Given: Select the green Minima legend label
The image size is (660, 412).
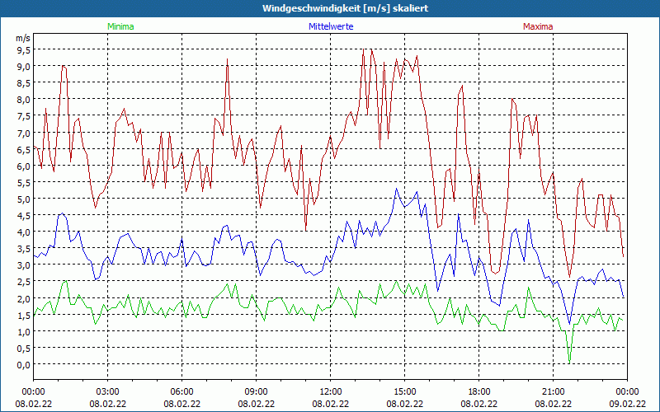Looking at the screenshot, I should [120, 26].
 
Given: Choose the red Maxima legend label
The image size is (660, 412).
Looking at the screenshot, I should [538, 26].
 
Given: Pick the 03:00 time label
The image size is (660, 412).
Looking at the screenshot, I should [108, 391].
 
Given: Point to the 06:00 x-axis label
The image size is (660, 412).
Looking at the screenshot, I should [182, 391].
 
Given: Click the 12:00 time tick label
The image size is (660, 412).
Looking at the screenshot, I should [331, 391].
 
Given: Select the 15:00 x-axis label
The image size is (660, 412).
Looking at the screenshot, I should [405, 391].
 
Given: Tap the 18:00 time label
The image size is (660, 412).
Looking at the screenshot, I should [479, 391].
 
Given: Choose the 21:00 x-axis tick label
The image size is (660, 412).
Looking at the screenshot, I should [554, 391].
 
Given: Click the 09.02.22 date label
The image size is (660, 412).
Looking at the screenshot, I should [627, 404].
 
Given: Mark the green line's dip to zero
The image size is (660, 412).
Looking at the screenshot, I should [569, 363].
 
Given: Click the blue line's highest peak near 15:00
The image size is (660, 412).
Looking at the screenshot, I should [397, 189].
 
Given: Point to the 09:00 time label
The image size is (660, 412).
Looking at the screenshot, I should [257, 391].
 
